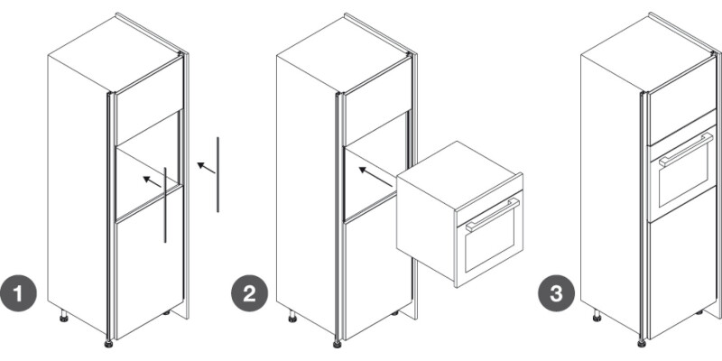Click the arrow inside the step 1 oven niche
(152, 182)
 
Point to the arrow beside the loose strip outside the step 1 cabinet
(206, 168)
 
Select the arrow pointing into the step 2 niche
(375, 177)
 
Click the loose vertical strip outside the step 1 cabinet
(218, 174)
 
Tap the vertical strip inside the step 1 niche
(165, 205)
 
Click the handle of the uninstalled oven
(492, 215)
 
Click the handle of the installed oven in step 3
(686, 149)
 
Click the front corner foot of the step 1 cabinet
(108, 343)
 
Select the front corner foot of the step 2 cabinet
(337, 343)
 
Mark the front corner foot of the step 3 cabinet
(642, 343)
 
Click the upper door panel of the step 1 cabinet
(149, 101)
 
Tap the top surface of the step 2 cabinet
(343, 55)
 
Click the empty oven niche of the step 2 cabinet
(376, 166)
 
